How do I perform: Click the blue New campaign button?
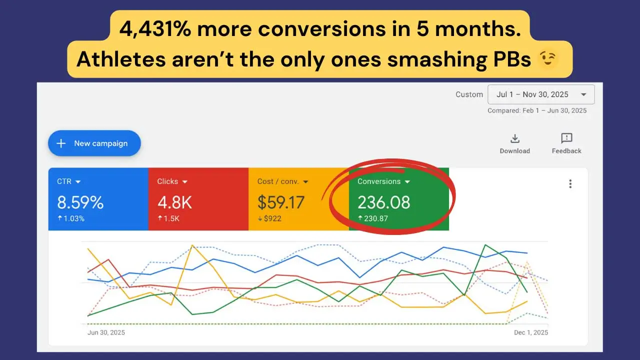click(94, 143)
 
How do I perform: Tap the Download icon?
click(514, 138)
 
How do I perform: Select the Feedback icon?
click(566, 138)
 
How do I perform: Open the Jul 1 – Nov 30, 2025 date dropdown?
click(541, 94)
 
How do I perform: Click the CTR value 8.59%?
click(80, 202)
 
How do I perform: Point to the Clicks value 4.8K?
click(174, 202)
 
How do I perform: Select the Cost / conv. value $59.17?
click(281, 202)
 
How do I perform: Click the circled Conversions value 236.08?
click(383, 202)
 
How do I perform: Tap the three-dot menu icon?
click(570, 184)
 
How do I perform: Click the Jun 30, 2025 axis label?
click(106, 332)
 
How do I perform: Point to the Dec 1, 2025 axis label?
click(530, 332)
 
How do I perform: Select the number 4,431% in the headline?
click(155, 29)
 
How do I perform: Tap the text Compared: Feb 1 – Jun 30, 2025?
click(537, 110)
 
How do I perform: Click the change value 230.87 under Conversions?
click(375, 218)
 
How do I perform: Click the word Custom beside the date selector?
click(469, 94)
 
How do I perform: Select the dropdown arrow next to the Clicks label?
click(185, 182)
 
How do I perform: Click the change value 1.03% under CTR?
click(73, 218)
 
